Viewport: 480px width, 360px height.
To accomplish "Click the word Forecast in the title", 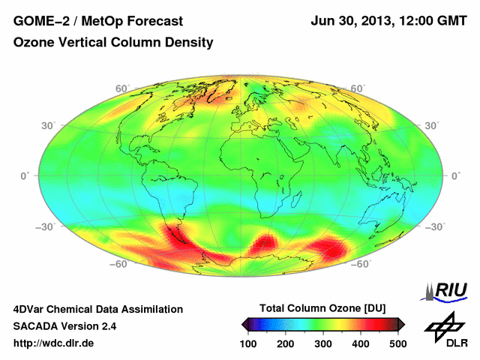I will click(x=142, y=20).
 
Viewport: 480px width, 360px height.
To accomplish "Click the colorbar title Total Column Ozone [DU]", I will click(x=322, y=308).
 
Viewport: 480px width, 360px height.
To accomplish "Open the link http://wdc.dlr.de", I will click(x=54, y=343).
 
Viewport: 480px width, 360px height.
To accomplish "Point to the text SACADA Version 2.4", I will click(x=64, y=326).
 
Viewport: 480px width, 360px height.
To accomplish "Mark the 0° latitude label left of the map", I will click(x=23, y=175).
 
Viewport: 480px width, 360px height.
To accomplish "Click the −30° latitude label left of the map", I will click(x=28, y=226).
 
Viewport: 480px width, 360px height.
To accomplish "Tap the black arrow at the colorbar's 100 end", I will click(x=244, y=324).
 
